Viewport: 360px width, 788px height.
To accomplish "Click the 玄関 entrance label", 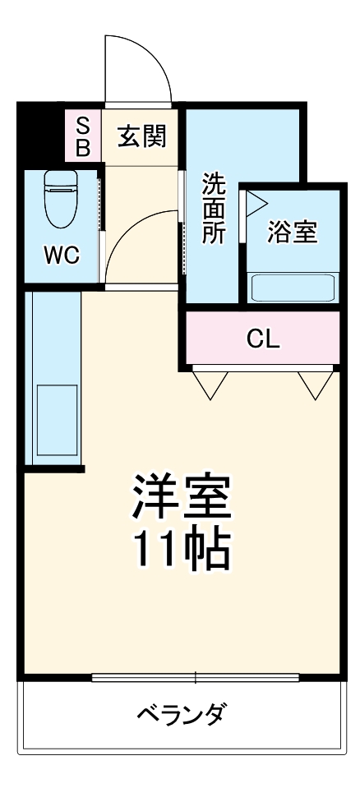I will click(141, 136).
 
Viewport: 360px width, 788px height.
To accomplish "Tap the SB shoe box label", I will click(83, 136).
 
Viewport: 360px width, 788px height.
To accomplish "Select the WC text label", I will click(62, 256).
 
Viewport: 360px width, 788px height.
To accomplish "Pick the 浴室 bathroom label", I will click(292, 232).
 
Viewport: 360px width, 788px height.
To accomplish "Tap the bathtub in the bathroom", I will click(293, 288).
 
